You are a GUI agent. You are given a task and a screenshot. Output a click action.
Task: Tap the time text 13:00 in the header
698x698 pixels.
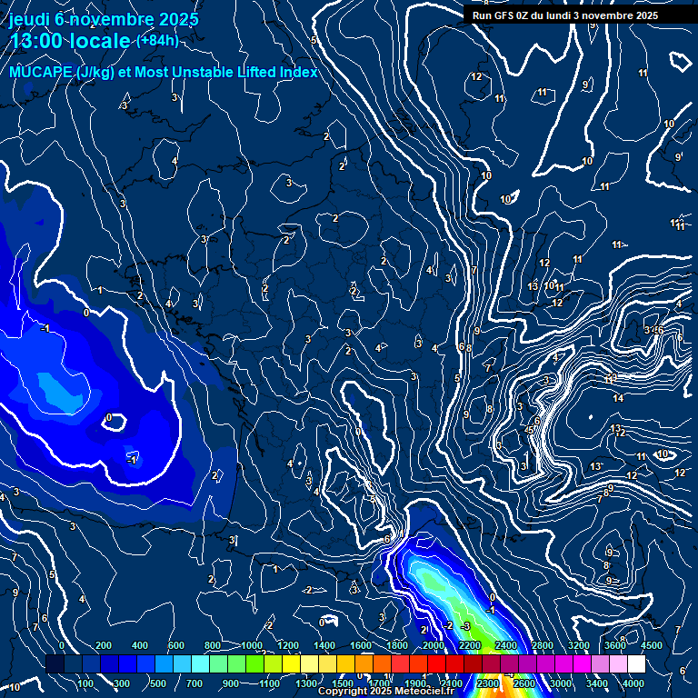click(x=35, y=42)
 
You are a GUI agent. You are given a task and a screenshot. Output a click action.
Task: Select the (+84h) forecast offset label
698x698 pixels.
click(x=157, y=41)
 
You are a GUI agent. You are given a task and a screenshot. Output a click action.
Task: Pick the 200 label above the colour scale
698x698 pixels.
click(x=103, y=645)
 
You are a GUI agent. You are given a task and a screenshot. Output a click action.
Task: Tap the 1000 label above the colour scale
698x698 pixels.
click(x=251, y=645)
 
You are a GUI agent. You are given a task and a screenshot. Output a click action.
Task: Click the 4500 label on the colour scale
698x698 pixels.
click(x=652, y=645)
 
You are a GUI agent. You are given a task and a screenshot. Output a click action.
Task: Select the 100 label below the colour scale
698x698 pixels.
click(x=85, y=683)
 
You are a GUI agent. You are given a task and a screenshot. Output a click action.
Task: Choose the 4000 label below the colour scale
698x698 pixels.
click(x=633, y=683)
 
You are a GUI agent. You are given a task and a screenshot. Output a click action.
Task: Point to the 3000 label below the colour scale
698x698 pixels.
click(x=561, y=683)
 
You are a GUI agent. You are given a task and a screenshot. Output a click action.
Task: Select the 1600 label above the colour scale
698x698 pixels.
click(x=361, y=645)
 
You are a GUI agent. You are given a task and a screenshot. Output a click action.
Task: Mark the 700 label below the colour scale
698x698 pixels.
click(x=194, y=683)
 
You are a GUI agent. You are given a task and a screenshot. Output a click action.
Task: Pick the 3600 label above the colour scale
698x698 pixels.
click(x=615, y=645)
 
